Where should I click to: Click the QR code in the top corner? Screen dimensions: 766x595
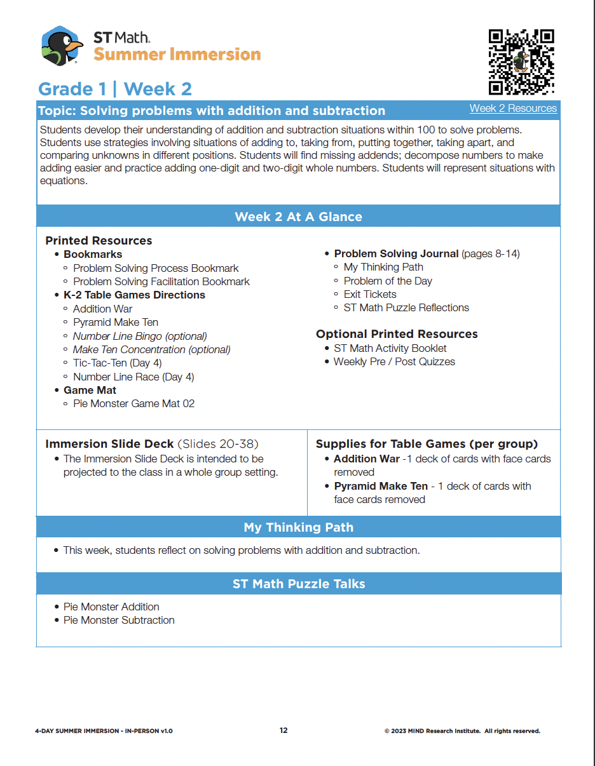click(521, 62)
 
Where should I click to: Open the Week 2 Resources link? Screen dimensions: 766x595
click(513, 108)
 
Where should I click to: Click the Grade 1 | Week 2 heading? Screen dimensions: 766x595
click(115, 89)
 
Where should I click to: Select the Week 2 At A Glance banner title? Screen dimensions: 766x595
click(298, 217)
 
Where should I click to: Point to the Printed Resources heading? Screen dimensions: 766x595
click(99, 241)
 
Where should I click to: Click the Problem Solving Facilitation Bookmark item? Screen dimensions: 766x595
click(161, 281)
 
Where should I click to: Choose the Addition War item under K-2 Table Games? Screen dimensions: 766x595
click(102, 309)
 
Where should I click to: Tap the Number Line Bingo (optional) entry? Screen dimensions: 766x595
click(140, 336)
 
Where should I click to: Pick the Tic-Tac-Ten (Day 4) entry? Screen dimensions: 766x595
click(117, 363)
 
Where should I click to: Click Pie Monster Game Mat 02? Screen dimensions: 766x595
click(133, 403)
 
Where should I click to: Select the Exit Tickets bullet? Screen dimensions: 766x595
click(369, 294)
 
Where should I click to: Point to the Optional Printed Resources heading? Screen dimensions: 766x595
click(397, 334)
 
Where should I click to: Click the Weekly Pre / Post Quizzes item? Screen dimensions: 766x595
click(394, 361)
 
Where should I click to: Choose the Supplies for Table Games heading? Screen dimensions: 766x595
click(427, 444)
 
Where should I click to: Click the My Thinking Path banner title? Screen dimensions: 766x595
click(298, 527)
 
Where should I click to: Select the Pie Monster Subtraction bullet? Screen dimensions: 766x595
click(118, 620)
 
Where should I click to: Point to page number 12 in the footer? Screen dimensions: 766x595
click(284, 730)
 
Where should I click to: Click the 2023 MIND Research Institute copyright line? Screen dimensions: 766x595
click(462, 731)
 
